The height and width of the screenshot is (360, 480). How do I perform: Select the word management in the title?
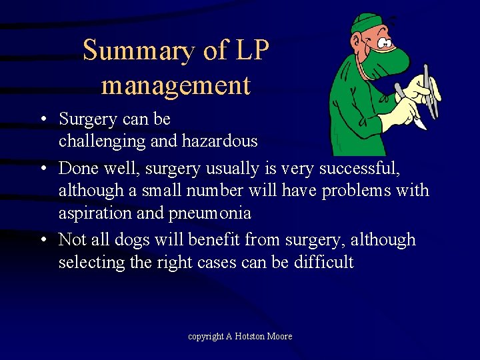tap(176, 85)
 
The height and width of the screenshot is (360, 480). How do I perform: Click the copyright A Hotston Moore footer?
tap(240, 337)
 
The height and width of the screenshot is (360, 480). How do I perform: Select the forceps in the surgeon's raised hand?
tap(430, 93)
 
